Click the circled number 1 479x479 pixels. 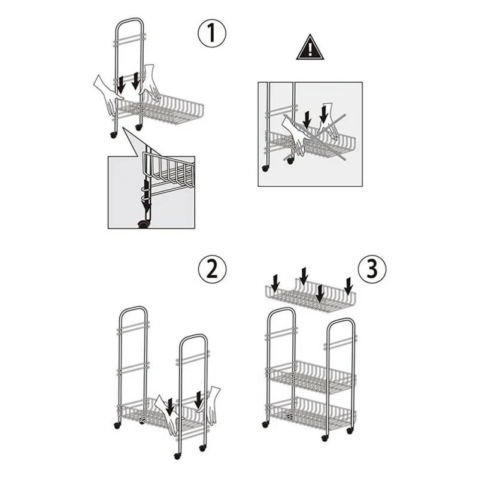tap(212, 33)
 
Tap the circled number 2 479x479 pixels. tap(213, 269)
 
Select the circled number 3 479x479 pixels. tap(372, 269)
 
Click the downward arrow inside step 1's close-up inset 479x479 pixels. tap(147, 205)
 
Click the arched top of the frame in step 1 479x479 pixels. tap(129, 21)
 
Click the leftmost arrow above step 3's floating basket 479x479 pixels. tap(275, 283)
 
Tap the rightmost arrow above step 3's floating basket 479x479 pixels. tap(348, 286)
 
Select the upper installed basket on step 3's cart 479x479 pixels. tap(311, 377)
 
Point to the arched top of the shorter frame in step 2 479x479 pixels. tap(193, 337)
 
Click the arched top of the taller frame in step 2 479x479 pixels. tap(133, 309)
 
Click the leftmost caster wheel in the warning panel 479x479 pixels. tap(265, 168)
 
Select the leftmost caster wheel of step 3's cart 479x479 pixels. tap(265, 424)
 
